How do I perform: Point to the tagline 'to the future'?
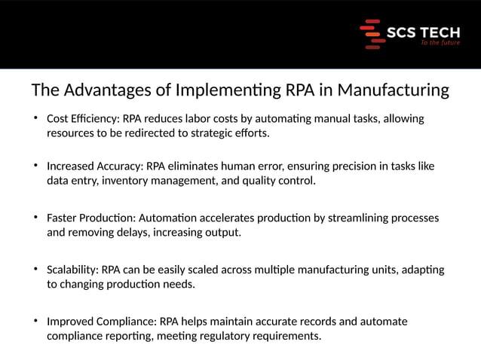tap(440, 44)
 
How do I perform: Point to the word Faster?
tap(63, 218)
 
